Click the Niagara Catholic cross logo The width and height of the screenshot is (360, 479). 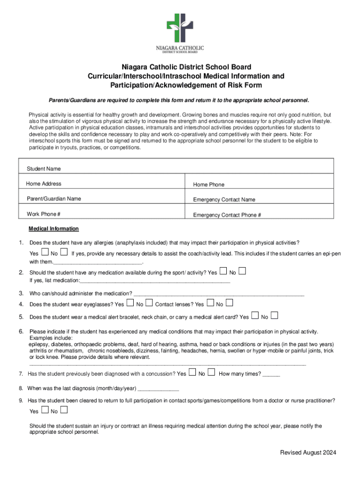[180, 28]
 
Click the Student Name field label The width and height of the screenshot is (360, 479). [43, 168]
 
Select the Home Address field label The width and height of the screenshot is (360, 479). [43, 184]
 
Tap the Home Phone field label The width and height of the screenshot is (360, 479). [209, 185]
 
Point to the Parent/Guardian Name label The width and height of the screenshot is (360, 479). [53, 199]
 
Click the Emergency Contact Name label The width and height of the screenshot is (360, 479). [224, 200]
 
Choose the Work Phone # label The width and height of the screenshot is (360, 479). [43, 214]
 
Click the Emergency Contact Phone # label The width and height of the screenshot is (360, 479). [227, 215]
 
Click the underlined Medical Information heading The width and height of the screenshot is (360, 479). [54, 229]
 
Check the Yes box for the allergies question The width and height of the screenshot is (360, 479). [45, 253]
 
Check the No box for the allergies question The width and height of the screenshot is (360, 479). [64, 253]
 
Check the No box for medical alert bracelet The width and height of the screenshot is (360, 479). [274, 316]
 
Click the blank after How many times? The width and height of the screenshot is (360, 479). [272, 375]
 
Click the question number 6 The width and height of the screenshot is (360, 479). [21, 332]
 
